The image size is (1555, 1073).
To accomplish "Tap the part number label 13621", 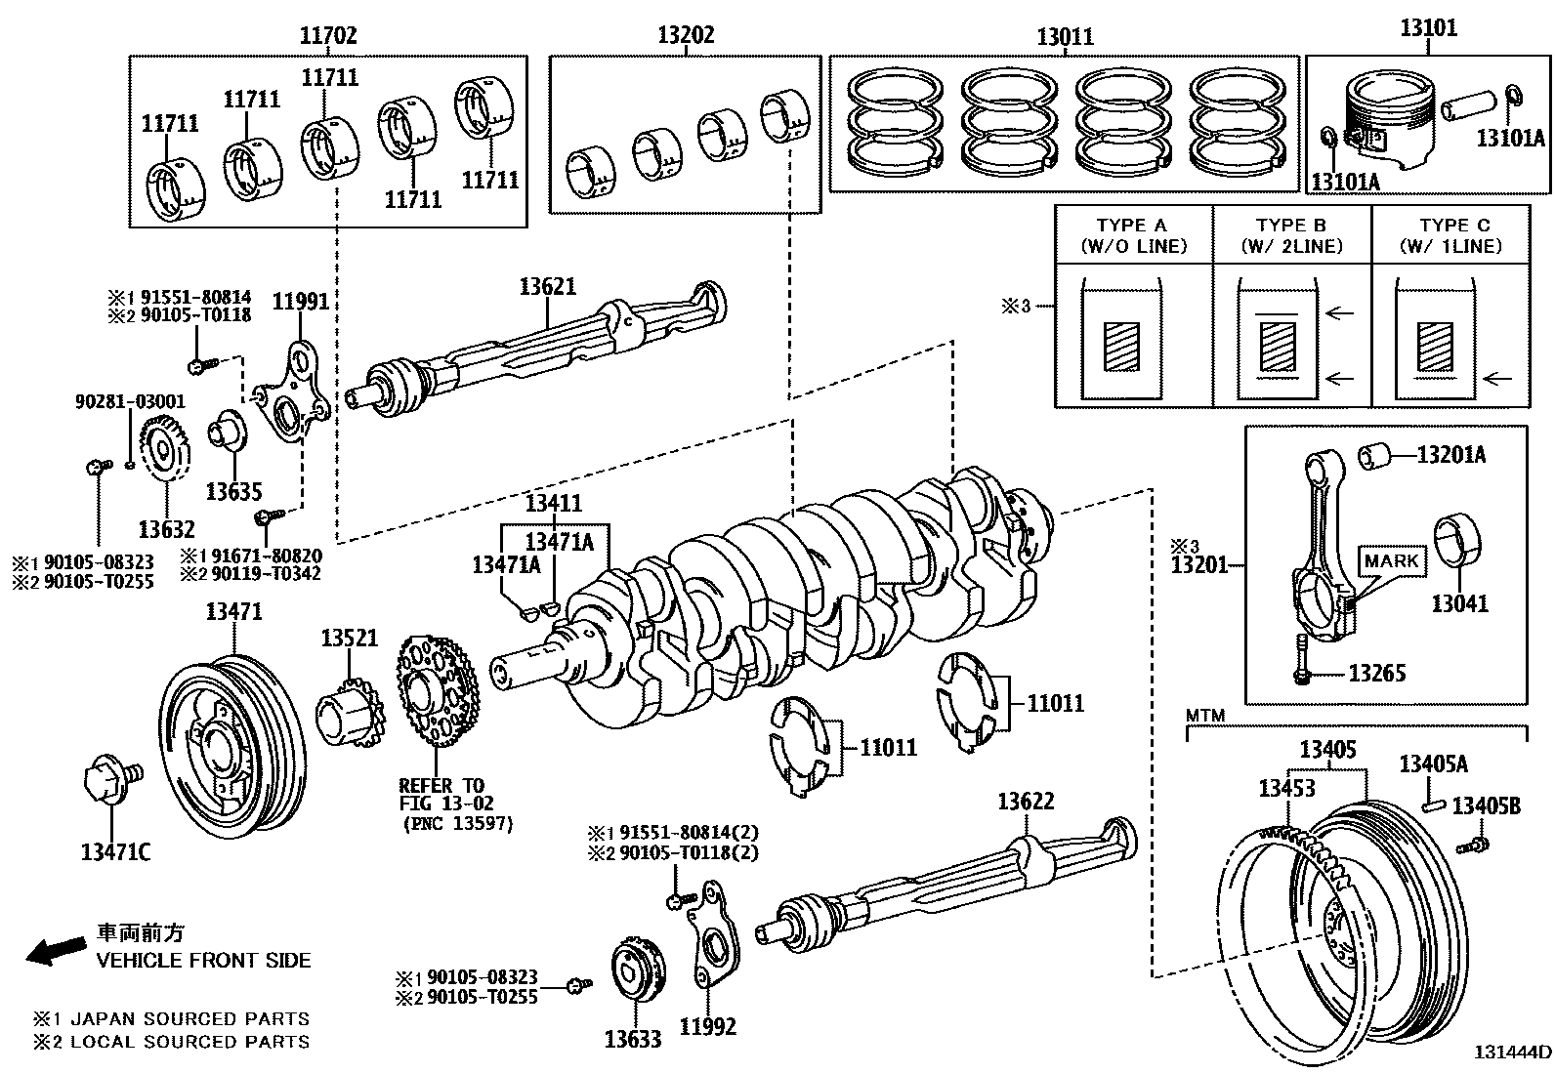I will pos(547,287).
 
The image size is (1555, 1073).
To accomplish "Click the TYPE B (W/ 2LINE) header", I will pos(1291,235).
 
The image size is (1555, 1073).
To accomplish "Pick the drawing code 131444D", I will pos(1512,1052).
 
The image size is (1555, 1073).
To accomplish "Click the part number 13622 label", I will pos(1025,802).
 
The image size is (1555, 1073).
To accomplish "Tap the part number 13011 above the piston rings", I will pos(1065,37).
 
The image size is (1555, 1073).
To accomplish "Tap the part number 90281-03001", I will pos(130,401).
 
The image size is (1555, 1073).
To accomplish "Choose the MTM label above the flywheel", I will pos(1204,716).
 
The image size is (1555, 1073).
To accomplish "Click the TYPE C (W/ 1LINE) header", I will pos(1450,235).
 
